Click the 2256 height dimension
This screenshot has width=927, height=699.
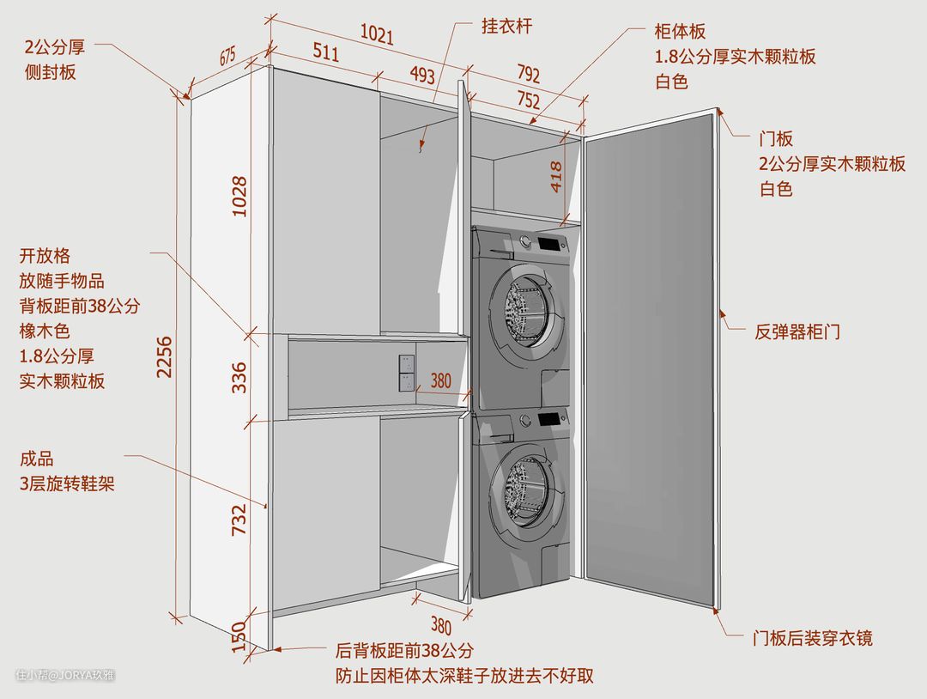(165, 357)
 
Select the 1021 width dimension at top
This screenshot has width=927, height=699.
(377, 35)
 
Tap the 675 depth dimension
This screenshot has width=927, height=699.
(227, 58)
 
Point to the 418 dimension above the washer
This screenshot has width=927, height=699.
(556, 175)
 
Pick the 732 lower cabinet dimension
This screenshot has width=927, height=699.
(239, 520)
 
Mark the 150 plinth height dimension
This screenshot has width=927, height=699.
(239, 635)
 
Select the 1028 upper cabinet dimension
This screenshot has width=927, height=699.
(239, 196)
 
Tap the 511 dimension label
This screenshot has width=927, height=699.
(325, 52)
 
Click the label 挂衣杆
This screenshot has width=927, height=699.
(506, 26)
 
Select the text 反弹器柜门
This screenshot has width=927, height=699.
(797, 331)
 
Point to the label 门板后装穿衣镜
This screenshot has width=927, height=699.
(812, 638)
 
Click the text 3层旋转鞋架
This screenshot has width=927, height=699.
(67, 484)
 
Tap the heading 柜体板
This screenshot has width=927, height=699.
(680, 32)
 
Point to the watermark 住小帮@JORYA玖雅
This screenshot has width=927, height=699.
(65, 675)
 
